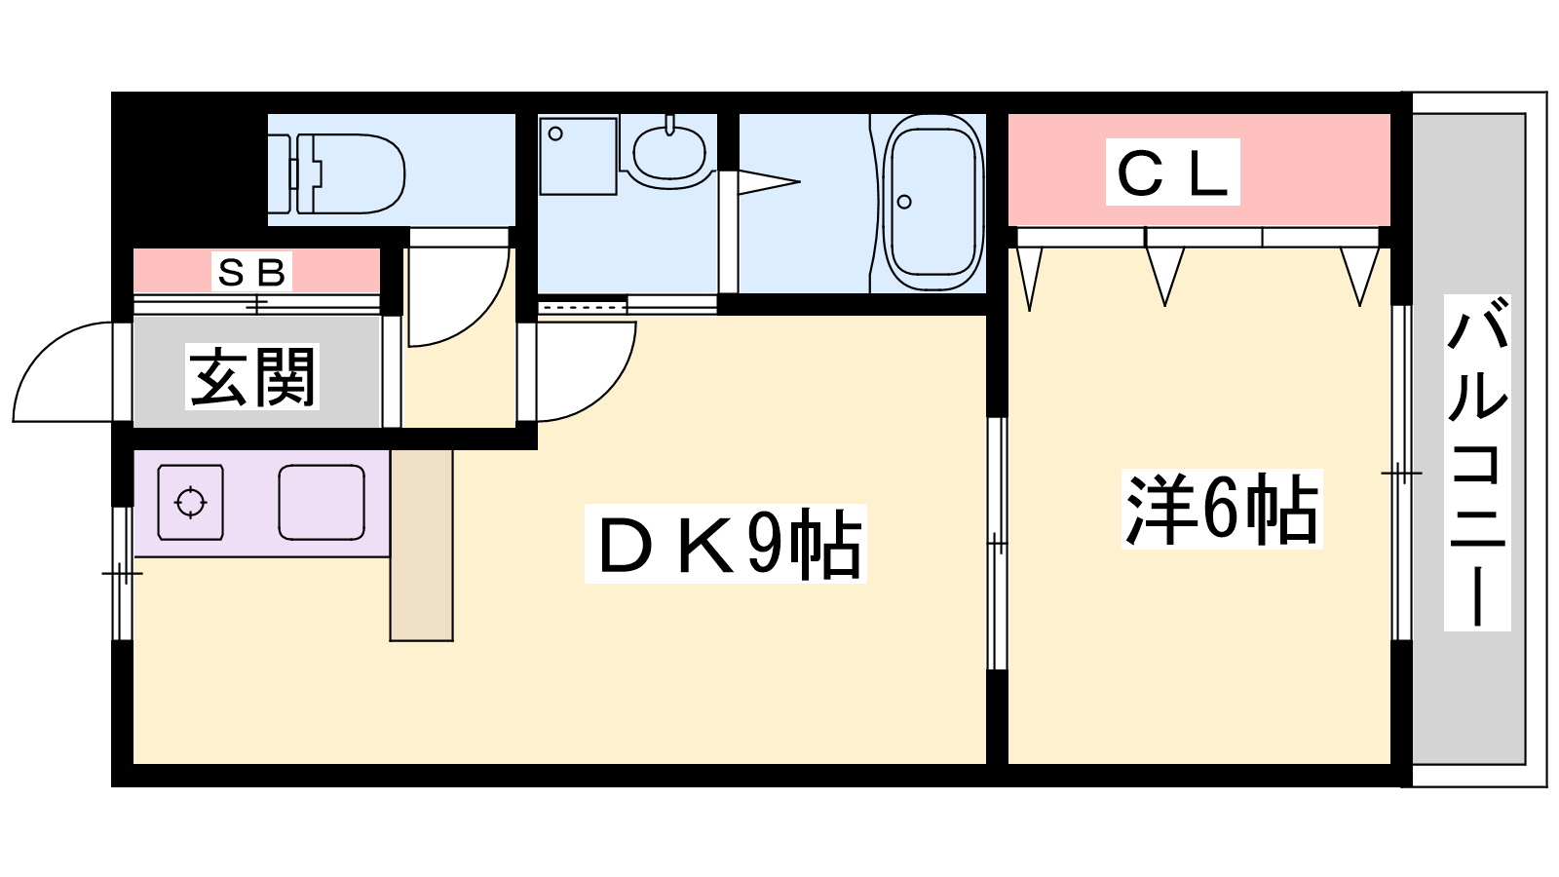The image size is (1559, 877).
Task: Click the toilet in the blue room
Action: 351,173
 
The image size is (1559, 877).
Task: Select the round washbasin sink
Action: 669,152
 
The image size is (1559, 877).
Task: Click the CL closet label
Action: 1172,172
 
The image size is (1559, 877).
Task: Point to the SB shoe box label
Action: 252,272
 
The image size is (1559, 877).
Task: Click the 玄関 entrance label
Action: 252,377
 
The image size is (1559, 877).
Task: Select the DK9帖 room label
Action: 726,544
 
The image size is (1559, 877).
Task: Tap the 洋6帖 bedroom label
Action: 1222,510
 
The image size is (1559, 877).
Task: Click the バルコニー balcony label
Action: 1477,463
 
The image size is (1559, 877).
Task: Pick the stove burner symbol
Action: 191,503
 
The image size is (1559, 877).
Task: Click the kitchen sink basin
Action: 322,503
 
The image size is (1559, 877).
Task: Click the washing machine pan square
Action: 578,156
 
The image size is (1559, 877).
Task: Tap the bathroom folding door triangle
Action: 767,181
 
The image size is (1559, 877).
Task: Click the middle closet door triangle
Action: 1164,273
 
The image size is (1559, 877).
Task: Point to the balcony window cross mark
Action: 1401,474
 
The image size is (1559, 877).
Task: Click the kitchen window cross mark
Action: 122,573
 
